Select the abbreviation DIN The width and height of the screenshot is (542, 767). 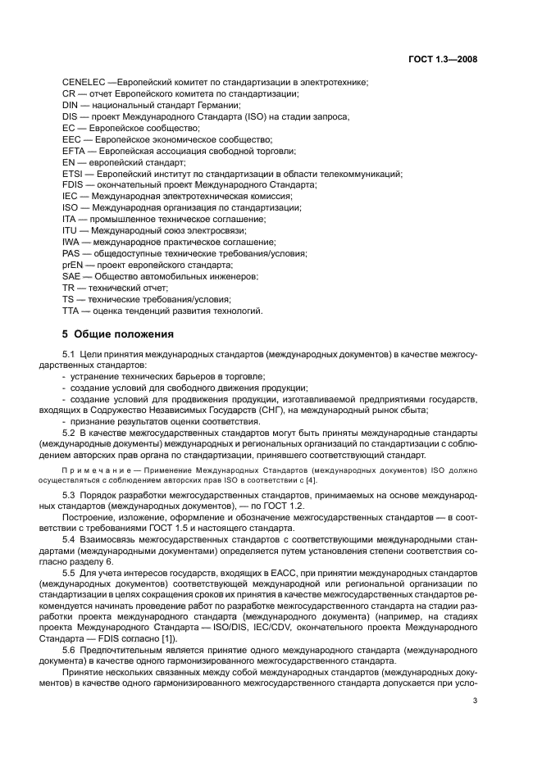click(71, 106)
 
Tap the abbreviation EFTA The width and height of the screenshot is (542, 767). click(74, 152)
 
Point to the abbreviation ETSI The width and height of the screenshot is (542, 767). click(73, 174)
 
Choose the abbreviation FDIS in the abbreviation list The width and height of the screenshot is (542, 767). click(73, 185)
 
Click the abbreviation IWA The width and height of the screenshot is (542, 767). click(71, 243)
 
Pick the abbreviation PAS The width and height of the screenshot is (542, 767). click(71, 254)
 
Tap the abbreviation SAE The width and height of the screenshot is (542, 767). click(71, 277)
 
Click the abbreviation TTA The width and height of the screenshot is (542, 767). click(71, 311)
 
